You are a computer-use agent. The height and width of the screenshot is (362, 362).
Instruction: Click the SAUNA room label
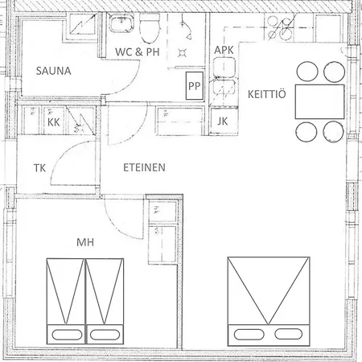click(54, 71)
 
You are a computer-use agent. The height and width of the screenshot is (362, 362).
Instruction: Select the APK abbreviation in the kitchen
click(224, 51)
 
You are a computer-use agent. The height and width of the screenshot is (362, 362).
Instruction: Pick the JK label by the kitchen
click(223, 121)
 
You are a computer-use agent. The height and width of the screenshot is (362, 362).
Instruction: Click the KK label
click(54, 122)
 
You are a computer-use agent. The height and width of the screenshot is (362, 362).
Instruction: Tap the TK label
click(39, 168)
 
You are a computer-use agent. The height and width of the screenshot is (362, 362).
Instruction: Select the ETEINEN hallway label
click(144, 168)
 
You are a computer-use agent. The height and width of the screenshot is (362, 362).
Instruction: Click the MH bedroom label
click(85, 241)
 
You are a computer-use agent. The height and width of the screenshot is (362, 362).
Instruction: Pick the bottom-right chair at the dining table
click(331, 131)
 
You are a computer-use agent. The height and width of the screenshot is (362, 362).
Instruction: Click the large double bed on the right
click(269, 298)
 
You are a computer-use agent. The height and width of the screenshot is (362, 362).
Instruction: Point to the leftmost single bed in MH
click(65, 298)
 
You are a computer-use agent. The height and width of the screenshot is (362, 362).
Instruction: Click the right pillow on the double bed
click(290, 331)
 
